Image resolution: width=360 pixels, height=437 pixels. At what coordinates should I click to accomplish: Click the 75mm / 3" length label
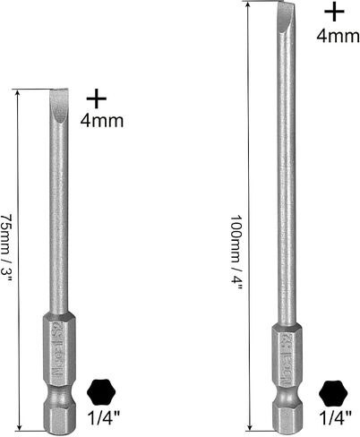click(6, 248)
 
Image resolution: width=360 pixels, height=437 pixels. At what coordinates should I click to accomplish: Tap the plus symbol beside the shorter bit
click(96, 98)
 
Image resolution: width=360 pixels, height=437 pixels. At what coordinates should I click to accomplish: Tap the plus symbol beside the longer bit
click(334, 12)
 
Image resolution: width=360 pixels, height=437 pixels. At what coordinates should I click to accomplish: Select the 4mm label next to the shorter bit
click(102, 121)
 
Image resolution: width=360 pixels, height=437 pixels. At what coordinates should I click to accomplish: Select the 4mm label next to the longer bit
click(338, 36)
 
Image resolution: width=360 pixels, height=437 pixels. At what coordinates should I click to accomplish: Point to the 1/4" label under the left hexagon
click(104, 418)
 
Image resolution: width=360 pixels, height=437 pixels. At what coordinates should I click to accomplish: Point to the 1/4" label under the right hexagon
click(336, 418)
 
